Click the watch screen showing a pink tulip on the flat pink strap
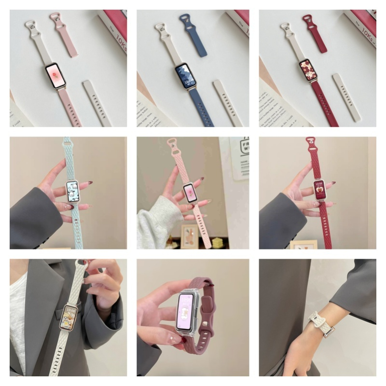click(55, 76)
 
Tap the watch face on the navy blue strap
click(185, 76)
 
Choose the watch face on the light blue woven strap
click(73, 193)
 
